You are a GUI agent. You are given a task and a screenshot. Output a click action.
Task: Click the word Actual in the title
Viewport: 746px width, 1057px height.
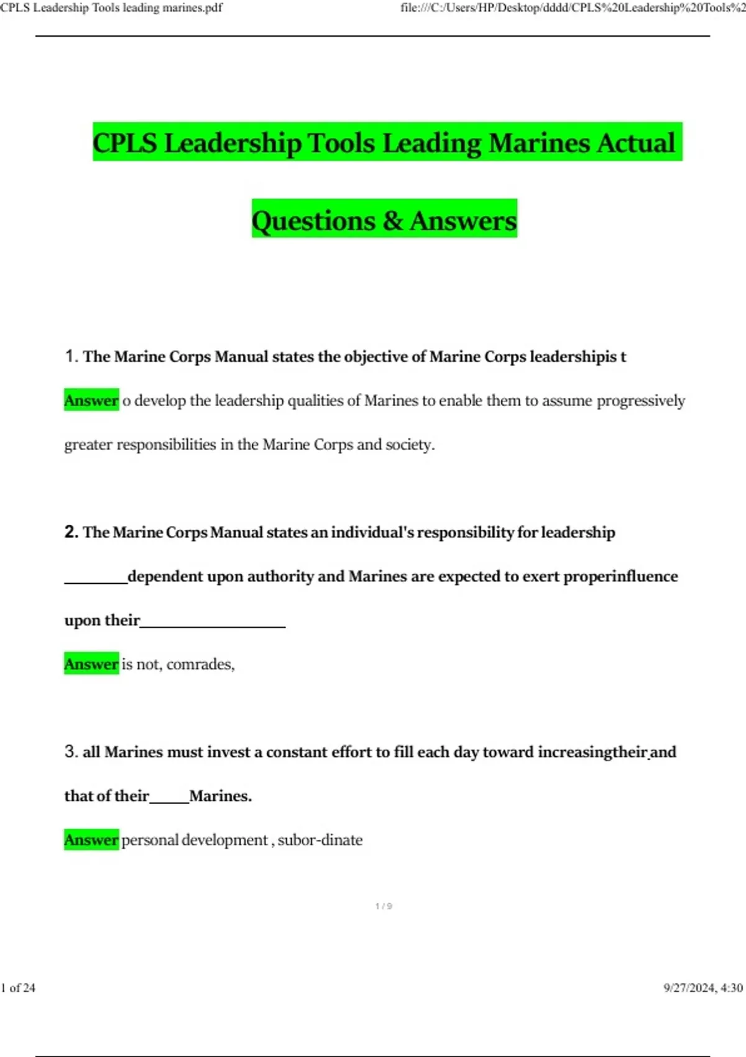636,142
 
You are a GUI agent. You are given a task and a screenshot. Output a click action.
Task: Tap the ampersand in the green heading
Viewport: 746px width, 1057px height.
392,221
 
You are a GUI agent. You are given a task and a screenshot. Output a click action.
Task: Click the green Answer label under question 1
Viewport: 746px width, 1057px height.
91,400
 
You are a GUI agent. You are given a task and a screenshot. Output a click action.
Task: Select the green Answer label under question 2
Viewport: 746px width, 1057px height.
91,664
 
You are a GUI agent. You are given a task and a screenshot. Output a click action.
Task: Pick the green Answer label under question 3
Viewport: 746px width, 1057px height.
91,840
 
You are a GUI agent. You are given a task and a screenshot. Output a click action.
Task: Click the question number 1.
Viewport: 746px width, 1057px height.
70,356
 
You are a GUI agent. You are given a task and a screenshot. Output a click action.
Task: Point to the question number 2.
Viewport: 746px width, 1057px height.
70,532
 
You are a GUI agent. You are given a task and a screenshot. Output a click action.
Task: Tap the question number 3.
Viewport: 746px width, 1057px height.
70,752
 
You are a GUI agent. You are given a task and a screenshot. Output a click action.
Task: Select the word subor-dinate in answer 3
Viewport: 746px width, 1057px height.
320,840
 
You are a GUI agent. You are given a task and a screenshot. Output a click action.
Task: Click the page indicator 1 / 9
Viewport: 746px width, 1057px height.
384,907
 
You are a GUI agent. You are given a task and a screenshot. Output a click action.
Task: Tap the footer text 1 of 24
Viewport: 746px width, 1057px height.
18,988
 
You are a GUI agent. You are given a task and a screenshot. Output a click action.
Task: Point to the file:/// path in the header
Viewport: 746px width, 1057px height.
572,8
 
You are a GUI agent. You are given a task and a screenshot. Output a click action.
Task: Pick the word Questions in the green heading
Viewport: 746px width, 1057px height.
313,221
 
